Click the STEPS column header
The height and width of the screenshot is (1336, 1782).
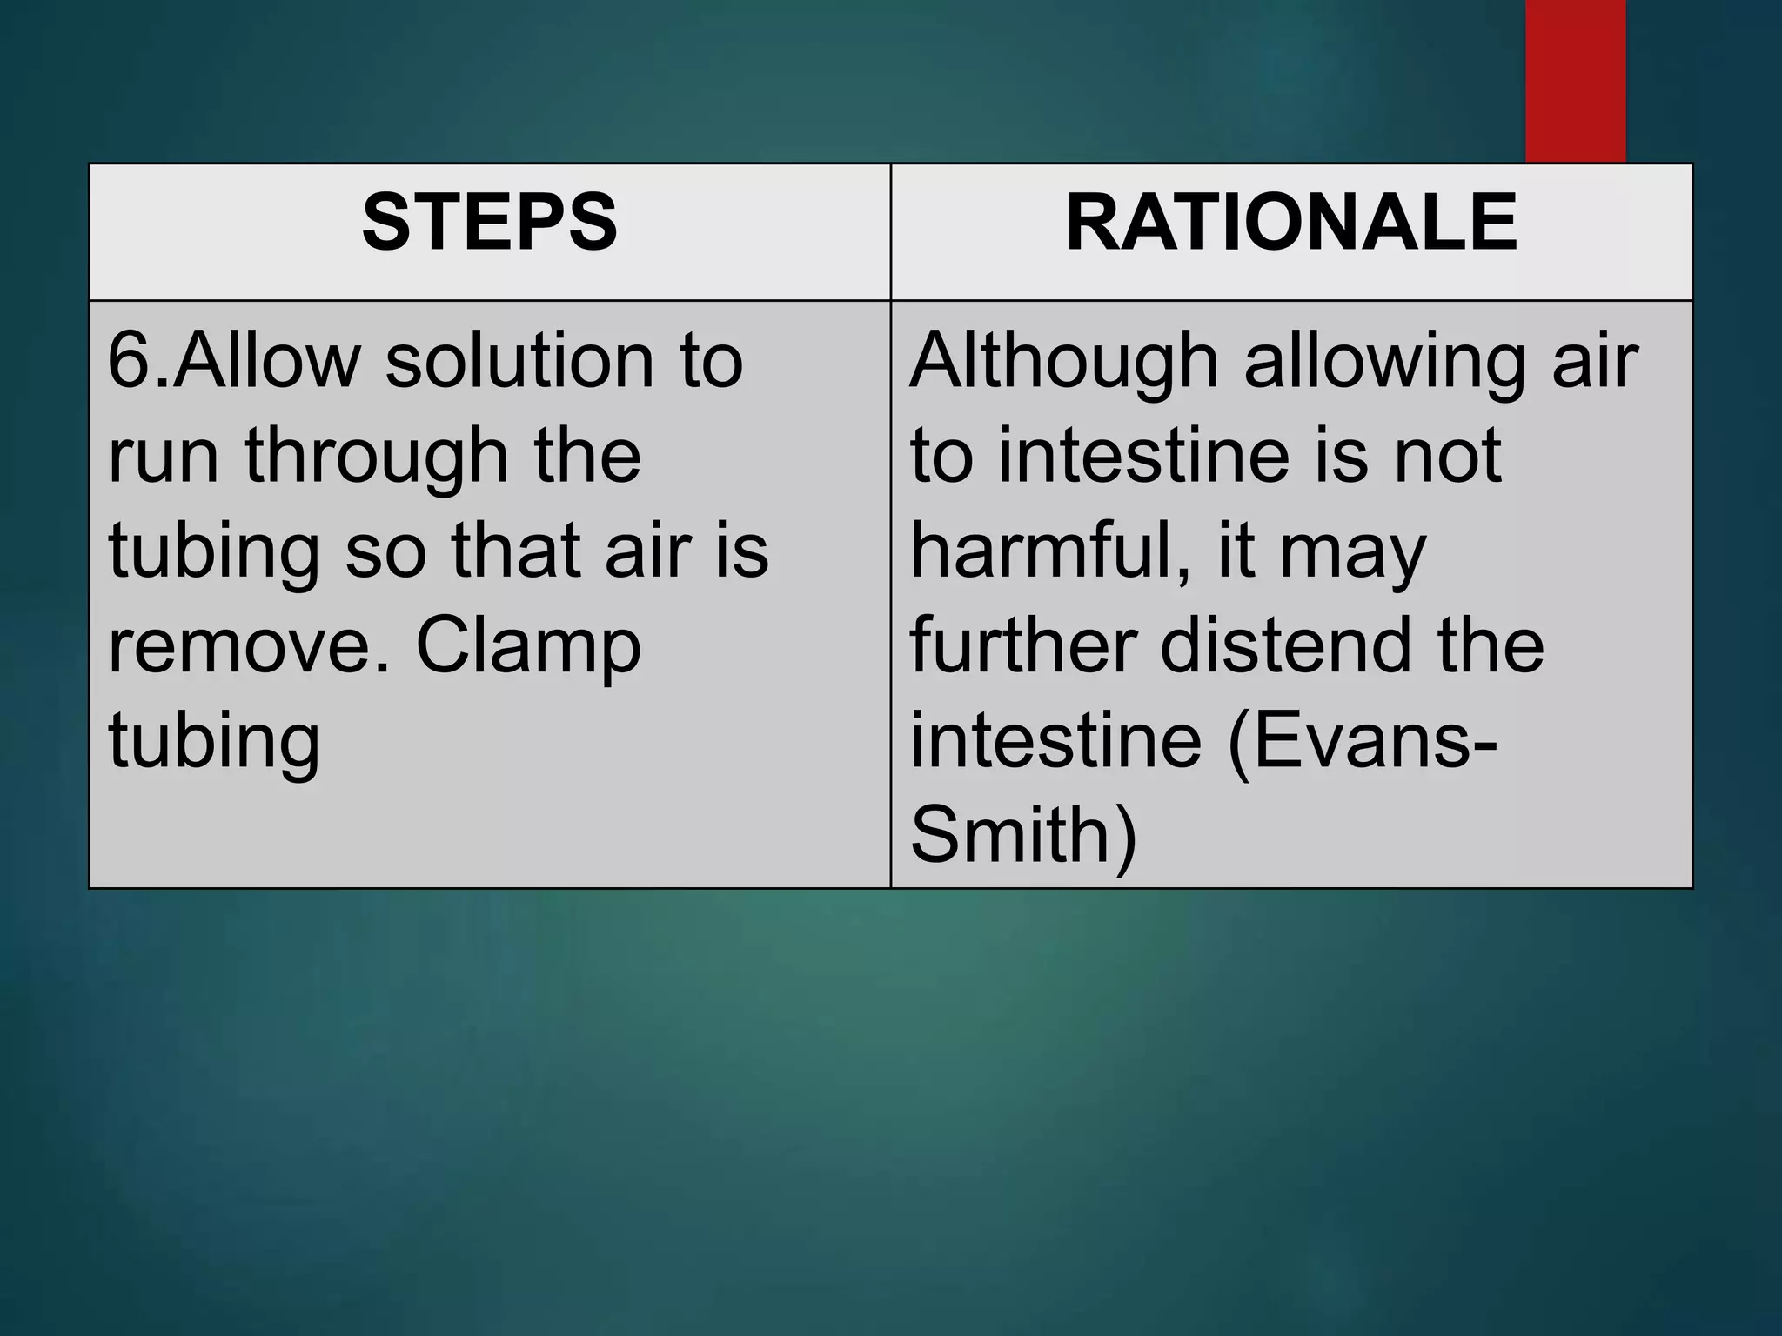point(489,223)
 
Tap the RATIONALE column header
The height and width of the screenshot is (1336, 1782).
point(1291,223)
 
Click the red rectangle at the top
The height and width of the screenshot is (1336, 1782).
point(1575,80)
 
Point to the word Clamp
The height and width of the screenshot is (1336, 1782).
point(528,648)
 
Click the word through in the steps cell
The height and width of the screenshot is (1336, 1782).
point(376,458)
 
